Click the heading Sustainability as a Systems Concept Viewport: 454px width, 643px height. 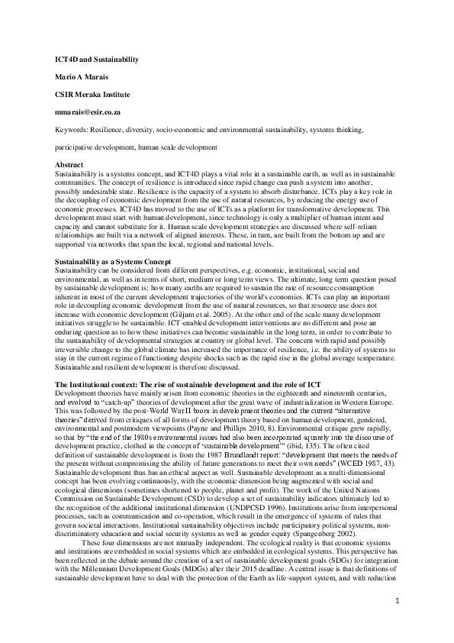pyautogui.click(x=113, y=262)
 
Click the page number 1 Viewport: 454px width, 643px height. pyautogui.click(x=398, y=601)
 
